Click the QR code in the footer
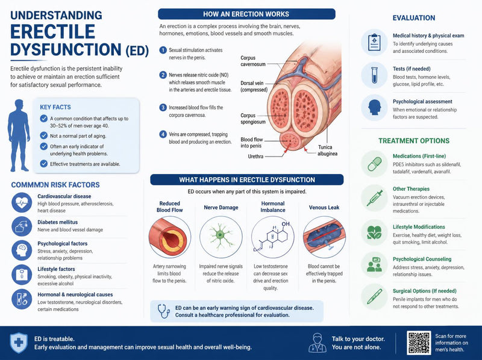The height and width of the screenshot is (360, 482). point(419,343)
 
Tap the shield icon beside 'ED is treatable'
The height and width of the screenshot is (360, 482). point(19,343)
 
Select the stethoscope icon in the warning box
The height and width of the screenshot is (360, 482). point(163,311)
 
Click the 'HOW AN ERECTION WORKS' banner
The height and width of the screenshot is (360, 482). point(246,14)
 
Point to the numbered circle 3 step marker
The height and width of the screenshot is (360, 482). point(163,108)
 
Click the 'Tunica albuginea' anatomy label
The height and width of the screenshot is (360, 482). point(327,151)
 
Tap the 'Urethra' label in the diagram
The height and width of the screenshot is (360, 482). point(255,157)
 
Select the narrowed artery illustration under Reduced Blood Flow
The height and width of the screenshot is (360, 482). point(170,237)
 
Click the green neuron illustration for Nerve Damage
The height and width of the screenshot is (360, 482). point(221,237)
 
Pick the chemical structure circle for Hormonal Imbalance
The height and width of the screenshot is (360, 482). point(273,237)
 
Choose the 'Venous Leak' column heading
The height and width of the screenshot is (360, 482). point(324,207)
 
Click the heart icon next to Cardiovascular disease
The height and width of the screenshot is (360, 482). point(22,203)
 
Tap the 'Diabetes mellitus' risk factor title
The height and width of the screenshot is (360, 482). point(57,222)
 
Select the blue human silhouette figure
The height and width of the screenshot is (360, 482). point(19,135)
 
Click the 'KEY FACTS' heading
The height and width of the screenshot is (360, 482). point(55,107)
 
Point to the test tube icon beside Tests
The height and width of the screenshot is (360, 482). point(374,75)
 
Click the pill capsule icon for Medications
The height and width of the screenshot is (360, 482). point(374,164)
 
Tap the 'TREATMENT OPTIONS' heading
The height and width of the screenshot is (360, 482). point(414,141)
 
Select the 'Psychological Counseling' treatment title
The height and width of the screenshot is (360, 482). point(422,259)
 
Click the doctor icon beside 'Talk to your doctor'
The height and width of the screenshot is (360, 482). point(318,343)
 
